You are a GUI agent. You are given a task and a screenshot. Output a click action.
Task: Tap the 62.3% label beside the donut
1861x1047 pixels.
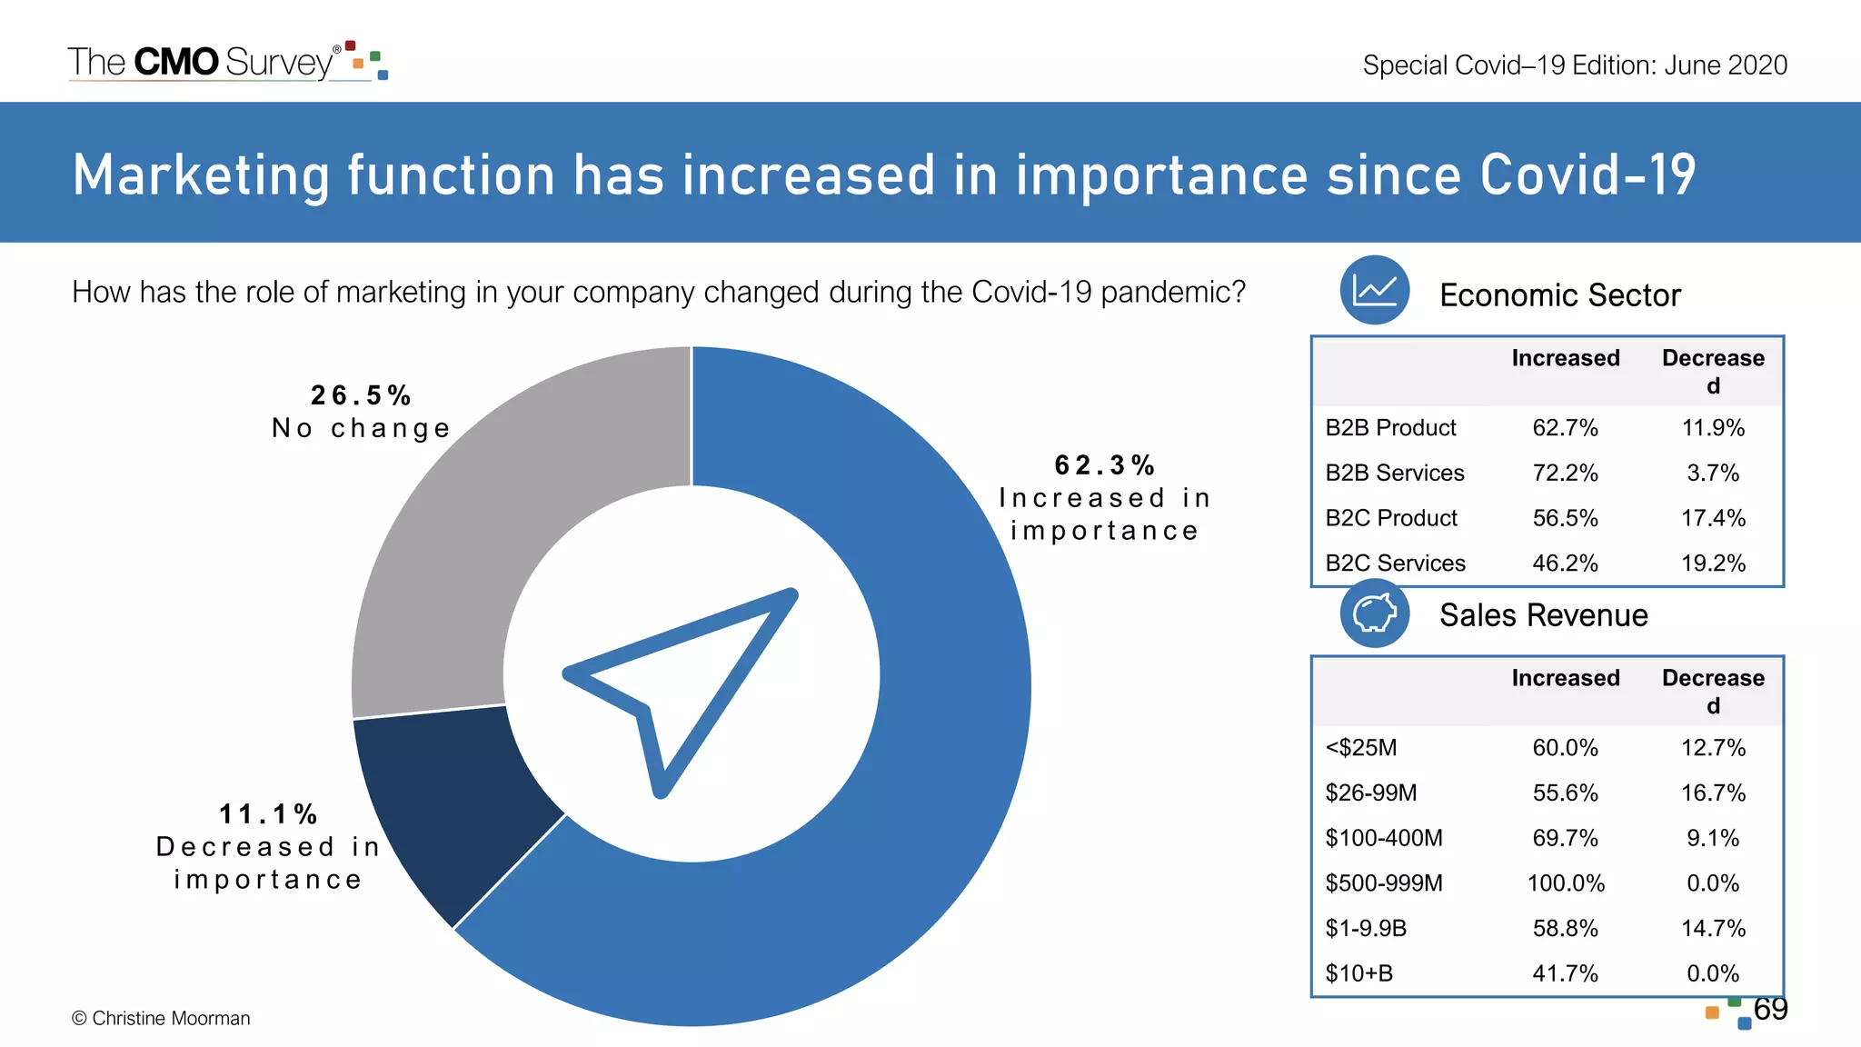[x=1104, y=466]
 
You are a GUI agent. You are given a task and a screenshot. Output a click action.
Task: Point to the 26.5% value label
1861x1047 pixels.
[x=361, y=396]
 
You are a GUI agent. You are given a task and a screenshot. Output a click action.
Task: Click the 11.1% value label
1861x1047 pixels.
[x=268, y=814]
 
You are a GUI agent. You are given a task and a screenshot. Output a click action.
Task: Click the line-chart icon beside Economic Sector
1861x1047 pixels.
[x=1374, y=291]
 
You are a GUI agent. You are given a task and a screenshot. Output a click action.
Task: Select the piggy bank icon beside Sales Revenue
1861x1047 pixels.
[x=1374, y=613]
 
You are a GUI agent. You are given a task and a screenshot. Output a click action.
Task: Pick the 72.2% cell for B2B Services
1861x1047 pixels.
[x=1565, y=473]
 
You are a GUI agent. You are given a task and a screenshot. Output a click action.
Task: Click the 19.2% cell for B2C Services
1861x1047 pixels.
[x=1713, y=563]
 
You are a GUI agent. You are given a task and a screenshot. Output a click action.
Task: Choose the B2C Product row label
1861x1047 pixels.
[x=1390, y=518]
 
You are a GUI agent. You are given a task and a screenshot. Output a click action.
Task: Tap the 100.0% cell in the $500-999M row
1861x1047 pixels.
[x=1565, y=883]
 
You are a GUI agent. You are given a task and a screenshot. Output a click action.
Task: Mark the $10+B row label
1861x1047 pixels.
[x=1358, y=973]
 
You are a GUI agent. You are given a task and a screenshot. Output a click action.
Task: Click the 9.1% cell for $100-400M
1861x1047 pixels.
[x=1713, y=838]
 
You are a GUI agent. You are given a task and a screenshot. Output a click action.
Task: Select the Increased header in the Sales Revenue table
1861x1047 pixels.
[x=1565, y=678]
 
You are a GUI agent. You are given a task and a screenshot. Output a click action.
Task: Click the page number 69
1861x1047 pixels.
[x=1770, y=1009]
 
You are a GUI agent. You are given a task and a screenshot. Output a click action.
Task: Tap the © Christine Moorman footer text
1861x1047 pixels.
[x=161, y=1019]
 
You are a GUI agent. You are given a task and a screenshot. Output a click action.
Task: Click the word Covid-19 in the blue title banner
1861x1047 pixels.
[x=1587, y=174]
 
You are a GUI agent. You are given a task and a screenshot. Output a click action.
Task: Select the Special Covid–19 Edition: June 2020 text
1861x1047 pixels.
[x=1574, y=65]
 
